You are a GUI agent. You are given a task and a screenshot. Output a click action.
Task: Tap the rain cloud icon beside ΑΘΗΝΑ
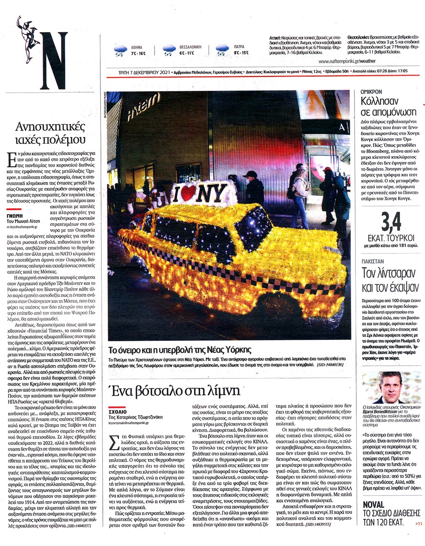120,50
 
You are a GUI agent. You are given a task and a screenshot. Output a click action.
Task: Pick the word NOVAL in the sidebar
377,504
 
